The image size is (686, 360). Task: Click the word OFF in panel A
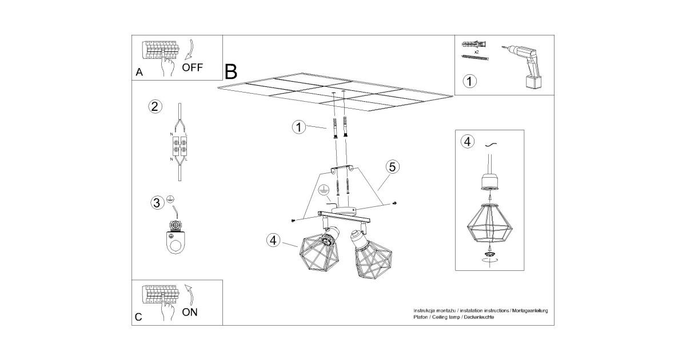[x=193, y=67]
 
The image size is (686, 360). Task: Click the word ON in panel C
[x=191, y=312]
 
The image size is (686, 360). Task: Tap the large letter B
[x=231, y=71]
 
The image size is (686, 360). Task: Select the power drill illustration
[x=526, y=66]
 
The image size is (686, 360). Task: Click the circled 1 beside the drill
[x=469, y=82]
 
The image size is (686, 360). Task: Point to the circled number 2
[x=154, y=107]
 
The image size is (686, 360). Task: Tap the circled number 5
[x=392, y=167]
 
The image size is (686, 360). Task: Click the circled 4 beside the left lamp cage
[x=273, y=241]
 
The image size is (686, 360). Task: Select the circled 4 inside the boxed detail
[x=468, y=141]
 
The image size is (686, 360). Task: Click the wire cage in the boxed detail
[x=489, y=224]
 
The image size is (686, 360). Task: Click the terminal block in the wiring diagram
[x=180, y=147]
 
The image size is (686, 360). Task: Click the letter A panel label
[x=139, y=73]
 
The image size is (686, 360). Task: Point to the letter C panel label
[x=138, y=317]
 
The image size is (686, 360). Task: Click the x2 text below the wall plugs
[x=476, y=51]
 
